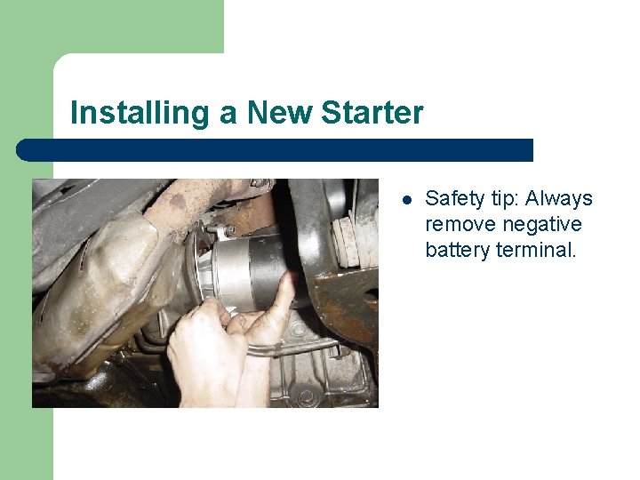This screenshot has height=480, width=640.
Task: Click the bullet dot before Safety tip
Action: tap(405, 199)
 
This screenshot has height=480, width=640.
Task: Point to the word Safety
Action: tap(453, 198)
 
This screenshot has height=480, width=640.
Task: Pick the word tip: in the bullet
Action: tap(503, 198)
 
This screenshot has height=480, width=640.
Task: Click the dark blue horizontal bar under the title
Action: tap(276, 149)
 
